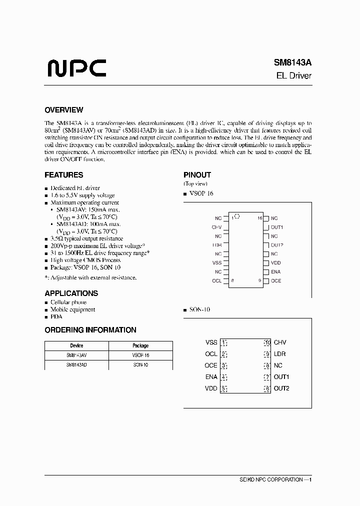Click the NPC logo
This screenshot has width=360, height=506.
click(76, 69)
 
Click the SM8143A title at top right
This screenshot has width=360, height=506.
click(292, 63)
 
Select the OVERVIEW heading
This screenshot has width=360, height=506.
click(63, 110)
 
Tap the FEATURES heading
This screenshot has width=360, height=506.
click(63, 175)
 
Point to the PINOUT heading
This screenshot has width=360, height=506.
click(197, 175)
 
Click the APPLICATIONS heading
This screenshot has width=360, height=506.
click(71, 293)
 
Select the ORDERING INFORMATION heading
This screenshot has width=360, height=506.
click(90, 330)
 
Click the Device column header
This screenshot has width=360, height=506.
click(76, 345)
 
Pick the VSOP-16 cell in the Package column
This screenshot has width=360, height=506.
click(140, 355)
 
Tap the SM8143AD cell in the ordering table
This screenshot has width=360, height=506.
click(76, 365)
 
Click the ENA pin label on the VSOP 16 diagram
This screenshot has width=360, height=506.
click(275, 271)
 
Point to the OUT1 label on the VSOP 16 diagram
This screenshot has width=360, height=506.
click(277, 227)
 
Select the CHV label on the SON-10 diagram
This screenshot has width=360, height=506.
click(280, 342)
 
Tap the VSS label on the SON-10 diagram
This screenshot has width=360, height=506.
click(211, 342)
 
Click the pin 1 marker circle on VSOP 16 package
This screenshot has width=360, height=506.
click(237, 217)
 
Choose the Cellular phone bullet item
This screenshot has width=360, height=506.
click(68, 302)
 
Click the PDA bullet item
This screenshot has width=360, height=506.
click(56, 316)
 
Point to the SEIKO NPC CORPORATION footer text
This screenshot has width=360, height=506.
click(270, 479)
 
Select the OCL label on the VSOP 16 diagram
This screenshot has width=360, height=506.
click(216, 280)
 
